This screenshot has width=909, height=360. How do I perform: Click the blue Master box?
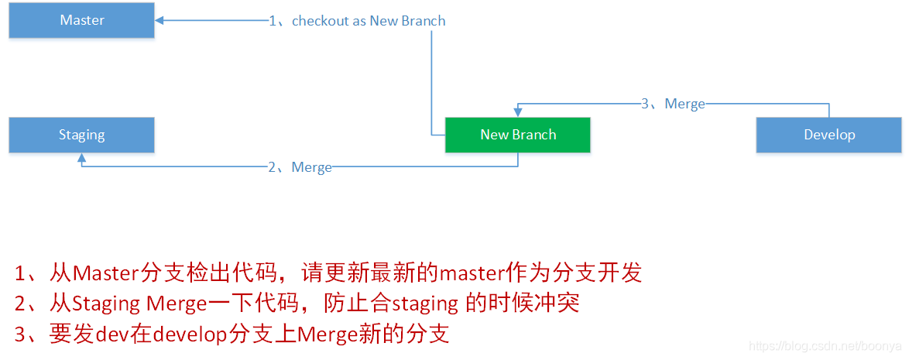click(x=81, y=20)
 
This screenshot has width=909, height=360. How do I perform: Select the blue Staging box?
click(x=81, y=135)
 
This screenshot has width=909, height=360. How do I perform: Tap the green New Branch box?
click(x=517, y=135)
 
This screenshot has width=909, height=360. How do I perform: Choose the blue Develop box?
click(x=828, y=135)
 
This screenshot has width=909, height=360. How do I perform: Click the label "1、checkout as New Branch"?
click(x=357, y=21)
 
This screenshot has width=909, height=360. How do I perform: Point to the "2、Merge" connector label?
click(x=300, y=166)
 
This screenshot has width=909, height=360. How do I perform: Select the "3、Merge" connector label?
click(x=673, y=104)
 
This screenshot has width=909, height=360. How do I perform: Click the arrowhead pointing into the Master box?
click(x=160, y=21)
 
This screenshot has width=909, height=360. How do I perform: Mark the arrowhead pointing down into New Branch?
click(x=518, y=112)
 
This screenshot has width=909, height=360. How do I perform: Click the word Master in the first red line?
click(x=105, y=273)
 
